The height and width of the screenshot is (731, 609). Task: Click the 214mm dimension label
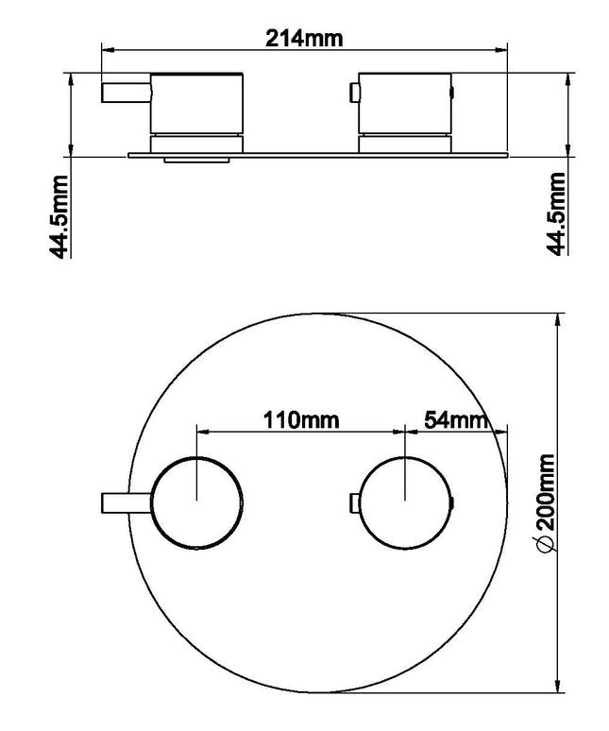(x=304, y=38)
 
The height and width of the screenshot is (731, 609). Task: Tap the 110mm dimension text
(x=301, y=420)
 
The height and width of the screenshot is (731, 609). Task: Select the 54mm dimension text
(x=457, y=420)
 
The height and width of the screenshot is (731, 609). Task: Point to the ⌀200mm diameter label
(x=546, y=502)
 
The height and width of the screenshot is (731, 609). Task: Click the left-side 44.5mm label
(x=59, y=216)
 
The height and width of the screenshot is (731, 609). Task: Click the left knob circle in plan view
(x=196, y=502)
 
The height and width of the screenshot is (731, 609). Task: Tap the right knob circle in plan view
(x=405, y=502)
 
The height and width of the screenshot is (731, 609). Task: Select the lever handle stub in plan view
(x=127, y=503)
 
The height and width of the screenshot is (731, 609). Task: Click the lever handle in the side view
(x=127, y=92)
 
